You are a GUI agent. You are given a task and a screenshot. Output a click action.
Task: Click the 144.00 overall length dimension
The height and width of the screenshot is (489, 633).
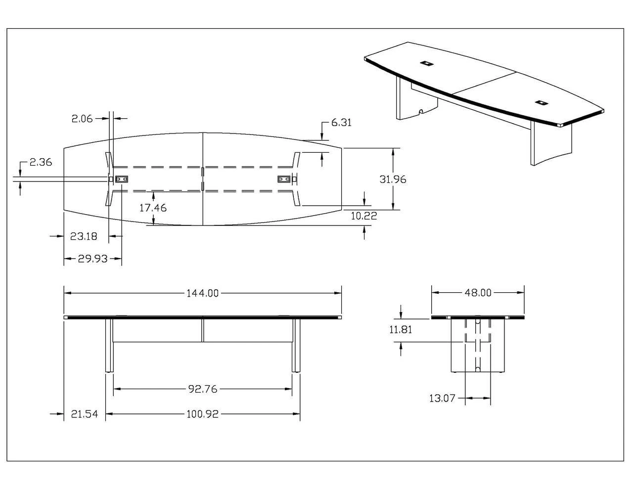[202, 293]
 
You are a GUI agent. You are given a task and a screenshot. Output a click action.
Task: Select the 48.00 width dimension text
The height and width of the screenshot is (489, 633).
[478, 293]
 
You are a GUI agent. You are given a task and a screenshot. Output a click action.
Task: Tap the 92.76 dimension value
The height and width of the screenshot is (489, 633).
[202, 389]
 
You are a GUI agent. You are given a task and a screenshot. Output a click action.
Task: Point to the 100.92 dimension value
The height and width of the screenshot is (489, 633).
[202, 414]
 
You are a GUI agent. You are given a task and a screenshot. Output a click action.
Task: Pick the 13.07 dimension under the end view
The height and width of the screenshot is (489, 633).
[441, 398]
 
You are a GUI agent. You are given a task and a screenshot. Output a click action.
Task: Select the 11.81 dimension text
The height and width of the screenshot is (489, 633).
[401, 329]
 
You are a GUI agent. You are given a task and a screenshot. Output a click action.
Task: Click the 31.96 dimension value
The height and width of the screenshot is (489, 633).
[393, 179]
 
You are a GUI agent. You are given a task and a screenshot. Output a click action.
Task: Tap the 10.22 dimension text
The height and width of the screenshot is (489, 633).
[364, 216]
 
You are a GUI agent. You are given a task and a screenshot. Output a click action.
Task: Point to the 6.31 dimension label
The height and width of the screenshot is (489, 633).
[341, 123]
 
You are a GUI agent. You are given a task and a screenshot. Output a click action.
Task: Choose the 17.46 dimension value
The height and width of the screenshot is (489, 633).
[153, 208]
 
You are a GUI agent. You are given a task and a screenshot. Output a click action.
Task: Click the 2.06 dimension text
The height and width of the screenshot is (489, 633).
[82, 118]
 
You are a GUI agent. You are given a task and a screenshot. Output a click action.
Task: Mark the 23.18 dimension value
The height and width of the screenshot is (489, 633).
[84, 236]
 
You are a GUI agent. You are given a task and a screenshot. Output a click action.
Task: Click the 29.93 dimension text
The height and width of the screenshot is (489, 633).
[92, 259]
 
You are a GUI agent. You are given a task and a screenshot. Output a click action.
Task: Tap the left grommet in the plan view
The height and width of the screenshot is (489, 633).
[122, 179]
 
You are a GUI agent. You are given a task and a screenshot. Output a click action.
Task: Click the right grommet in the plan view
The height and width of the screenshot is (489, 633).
[284, 179]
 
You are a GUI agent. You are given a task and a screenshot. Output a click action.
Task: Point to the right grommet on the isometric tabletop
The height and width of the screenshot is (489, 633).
[540, 103]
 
